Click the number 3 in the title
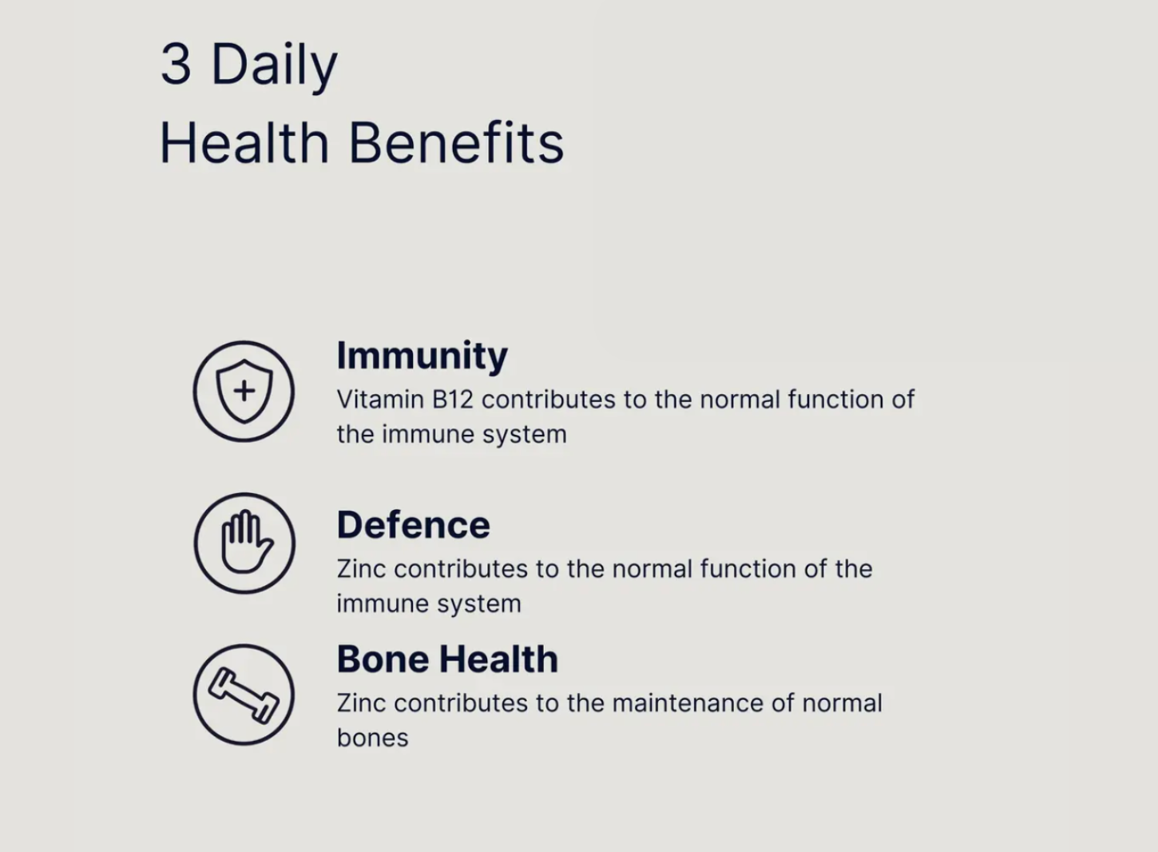pos(176,64)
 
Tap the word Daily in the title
pos(275,67)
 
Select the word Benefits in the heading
pos(457,142)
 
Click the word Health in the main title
pos(244,142)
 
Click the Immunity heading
pos(422,356)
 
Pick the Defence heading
pos(413,524)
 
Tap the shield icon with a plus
pos(244,391)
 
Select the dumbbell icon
pos(244,695)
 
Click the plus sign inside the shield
pos(244,391)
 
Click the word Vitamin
pos(380,400)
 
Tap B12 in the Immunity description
pos(452,400)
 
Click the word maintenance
pos(688,703)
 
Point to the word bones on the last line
pos(373,738)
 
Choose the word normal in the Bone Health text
pos(842,703)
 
